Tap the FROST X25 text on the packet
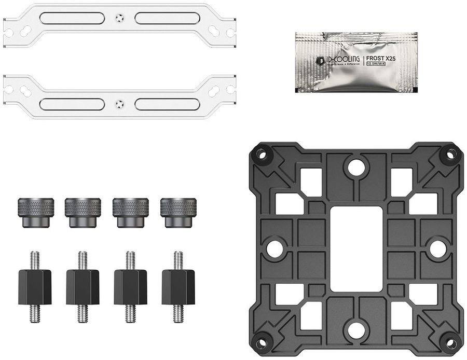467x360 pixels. [381, 59]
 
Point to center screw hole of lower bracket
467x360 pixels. [119, 102]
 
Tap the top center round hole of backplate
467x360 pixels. [355, 167]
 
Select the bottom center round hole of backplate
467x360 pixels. [355, 329]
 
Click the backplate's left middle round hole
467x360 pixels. [275, 248]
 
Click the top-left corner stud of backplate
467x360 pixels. [261, 154]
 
